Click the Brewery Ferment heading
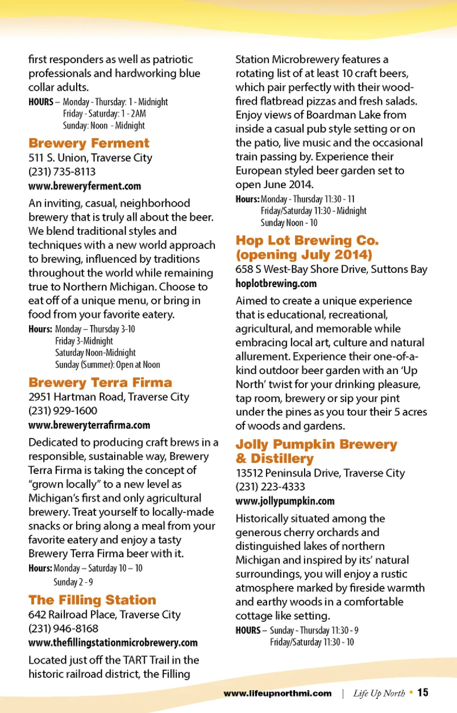click(x=89, y=143)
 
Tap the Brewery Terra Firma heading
click(x=100, y=382)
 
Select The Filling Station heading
click(x=92, y=600)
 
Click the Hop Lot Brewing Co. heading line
click(x=307, y=241)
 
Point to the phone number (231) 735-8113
click(x=62, y=171)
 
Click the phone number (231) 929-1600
click(x=63, y=411)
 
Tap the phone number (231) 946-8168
click(x=63, y=628)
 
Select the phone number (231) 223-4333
click(x=270, y=486)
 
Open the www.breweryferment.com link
click(x=85, y=186)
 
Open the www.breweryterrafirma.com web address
click(x=89, y=425)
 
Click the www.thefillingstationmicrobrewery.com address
click(x=113, y=643)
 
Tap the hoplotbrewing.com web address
click(x=276, y=283)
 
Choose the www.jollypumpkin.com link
click(x=285, y=501)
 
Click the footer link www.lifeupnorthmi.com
click(x=278, y=693)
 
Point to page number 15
click(x=423, y=693)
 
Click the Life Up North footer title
click(x=379, y=693)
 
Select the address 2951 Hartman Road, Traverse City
click(x=109, y=397)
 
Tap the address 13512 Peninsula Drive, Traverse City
click(x=320, y=472)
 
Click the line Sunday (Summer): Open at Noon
click(x=108, y=364)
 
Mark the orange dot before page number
click(x=411, y=692)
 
